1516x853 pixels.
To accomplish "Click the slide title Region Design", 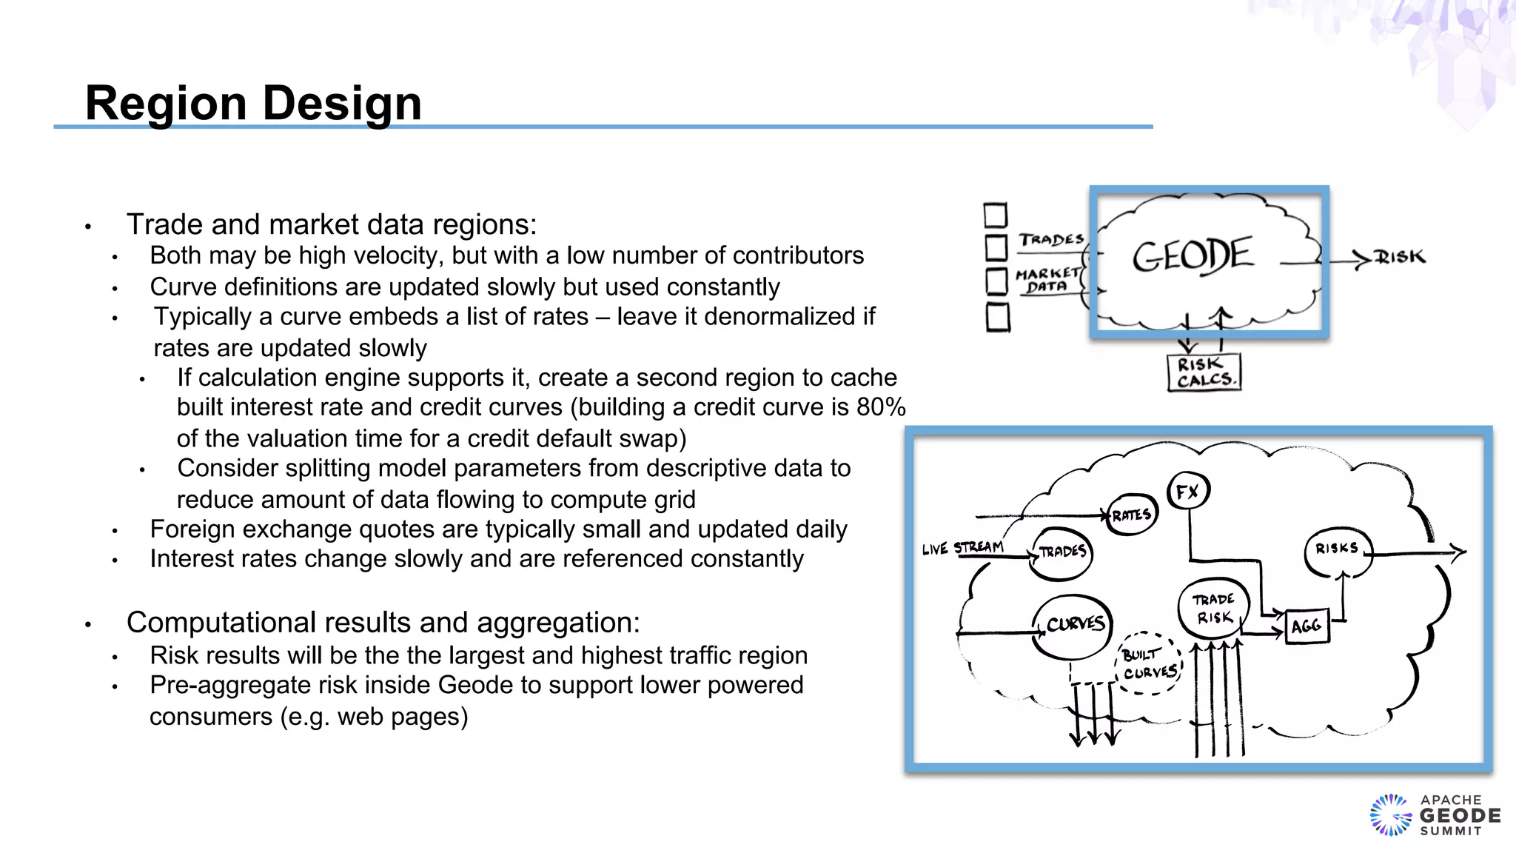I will pos(253,102).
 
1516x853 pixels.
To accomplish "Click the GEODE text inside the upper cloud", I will pos(1193,255).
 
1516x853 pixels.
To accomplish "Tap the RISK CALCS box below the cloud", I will pos(1204,372).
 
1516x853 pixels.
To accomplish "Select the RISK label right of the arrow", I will pos(1399,257).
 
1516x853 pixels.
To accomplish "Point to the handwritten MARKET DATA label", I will pos(1047,280).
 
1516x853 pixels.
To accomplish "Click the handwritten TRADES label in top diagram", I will pos(1051,239).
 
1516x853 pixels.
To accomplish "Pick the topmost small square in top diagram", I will pos(996,215).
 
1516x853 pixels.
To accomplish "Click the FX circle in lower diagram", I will pos(1188,492).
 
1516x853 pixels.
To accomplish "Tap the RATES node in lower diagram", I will pos(1132,515).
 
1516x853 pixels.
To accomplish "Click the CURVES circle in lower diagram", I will pos(1074,625).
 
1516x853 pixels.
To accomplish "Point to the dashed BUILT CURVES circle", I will pos(1149,663).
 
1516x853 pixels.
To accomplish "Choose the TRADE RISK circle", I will pos(1213,608).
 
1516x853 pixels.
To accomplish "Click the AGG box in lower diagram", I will pos(1307,626).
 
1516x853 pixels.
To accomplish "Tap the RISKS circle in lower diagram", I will pos(1337,549).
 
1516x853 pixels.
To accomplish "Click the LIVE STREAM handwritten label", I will pos(962,548).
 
